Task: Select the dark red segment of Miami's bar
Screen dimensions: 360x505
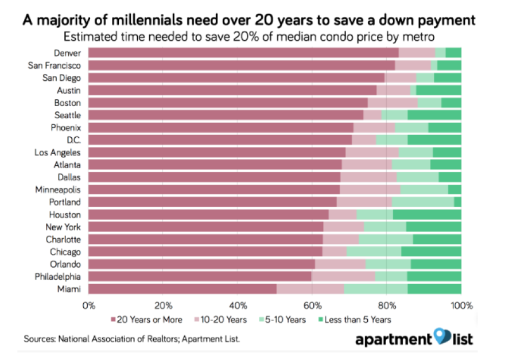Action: (182, 289)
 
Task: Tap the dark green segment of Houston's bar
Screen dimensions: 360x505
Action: (427, 214)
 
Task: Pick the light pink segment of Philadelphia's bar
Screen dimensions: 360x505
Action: (343, 276)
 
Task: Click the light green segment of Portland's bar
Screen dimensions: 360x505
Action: (422, 202)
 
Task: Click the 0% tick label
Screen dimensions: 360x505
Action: (89, 305)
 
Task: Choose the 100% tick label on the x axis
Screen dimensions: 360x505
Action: (461, 305)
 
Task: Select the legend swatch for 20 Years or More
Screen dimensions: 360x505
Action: (112, 319)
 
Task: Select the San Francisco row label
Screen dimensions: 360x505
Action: (55, 65)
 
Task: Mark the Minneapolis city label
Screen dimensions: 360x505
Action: (58, 189)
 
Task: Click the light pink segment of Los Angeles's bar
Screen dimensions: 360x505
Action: (372, 152)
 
